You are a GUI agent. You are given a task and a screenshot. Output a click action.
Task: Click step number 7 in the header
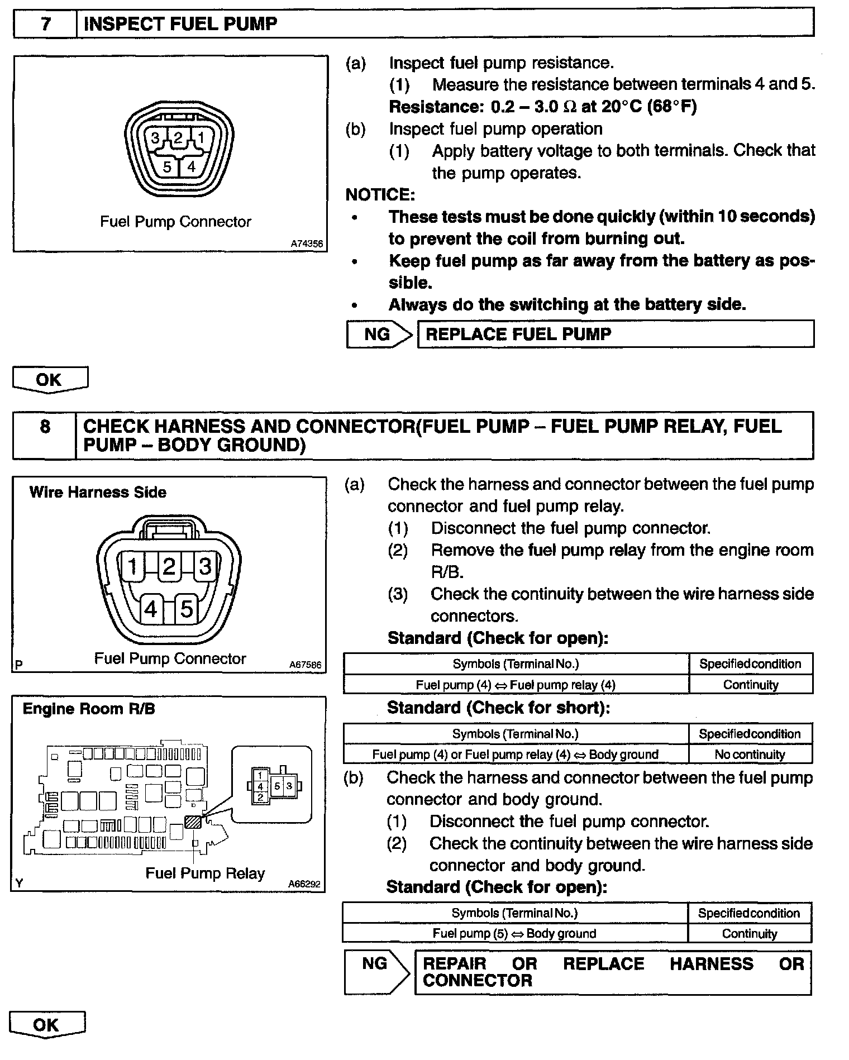click(x=45, y=25)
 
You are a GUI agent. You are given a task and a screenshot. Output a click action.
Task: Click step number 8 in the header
click(x=45, y=427)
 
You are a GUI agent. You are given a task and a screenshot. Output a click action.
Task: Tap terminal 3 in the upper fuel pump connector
click(x=155, y=137)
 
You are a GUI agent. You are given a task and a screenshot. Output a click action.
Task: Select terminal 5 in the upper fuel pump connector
click(x=166, y=166)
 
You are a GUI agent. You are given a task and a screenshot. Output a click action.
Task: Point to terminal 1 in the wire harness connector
click(x=132, y=567)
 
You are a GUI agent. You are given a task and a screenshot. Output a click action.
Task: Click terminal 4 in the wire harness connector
click(x=151, y=609)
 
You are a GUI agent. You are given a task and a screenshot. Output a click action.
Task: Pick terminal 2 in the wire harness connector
click(x=169, y=567)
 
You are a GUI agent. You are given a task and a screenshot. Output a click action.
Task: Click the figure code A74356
click(x=306, y=244)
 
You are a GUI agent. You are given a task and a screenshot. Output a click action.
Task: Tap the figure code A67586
click(x=305, y=665)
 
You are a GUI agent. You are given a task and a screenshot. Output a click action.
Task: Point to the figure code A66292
click(x=304, y=884)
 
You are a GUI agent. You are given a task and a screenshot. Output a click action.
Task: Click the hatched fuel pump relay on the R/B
click(x=193, y=822)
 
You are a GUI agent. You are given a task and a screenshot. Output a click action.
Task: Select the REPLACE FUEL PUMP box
click(x=615, y=334)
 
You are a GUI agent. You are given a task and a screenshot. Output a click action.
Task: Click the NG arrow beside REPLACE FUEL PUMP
click(x=379, y=334)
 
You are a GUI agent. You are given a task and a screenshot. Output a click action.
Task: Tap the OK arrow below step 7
click(x=50, y=380)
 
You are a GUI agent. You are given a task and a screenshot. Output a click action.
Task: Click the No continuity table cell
click(x=750, y=755)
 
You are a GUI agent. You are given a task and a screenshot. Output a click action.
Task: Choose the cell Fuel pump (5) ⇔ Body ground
click(x=514, y=934)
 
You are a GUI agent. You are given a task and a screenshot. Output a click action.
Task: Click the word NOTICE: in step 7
click(x=380, y=194)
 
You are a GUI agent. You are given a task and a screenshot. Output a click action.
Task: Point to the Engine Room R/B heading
click(x=89, y=709)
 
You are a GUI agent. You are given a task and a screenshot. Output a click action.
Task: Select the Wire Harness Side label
click(x=98, y=492)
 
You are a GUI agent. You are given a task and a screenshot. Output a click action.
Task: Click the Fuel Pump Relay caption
click(x=205, y=873)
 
